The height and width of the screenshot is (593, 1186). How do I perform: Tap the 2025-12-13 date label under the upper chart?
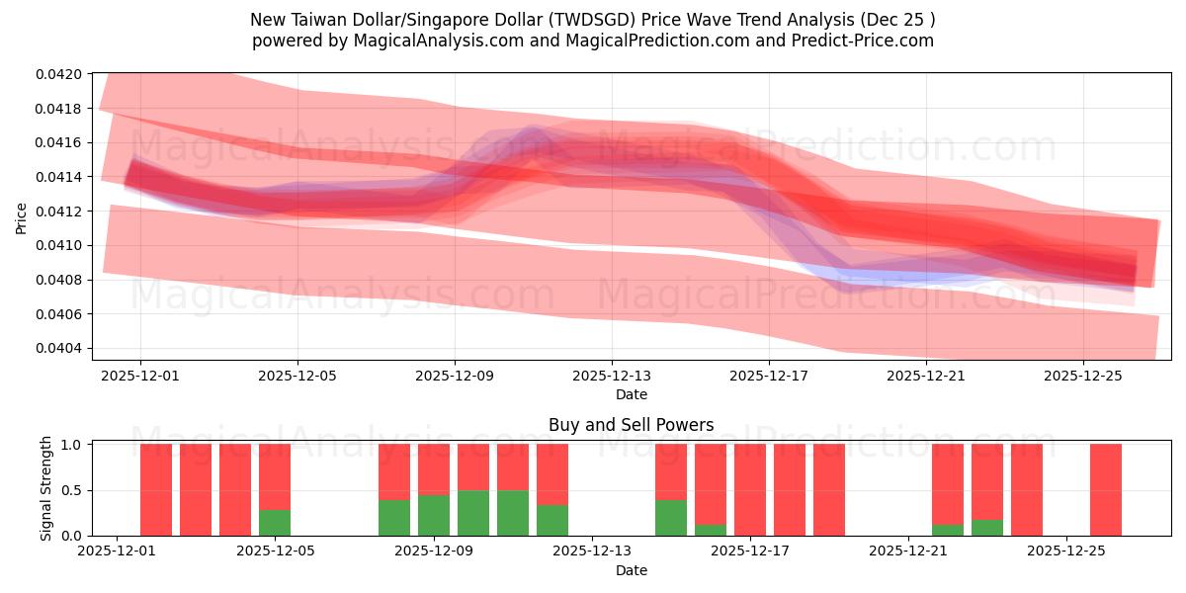612,376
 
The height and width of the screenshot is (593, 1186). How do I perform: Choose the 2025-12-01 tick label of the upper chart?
140,376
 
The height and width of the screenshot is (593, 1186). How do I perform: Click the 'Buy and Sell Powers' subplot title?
631,425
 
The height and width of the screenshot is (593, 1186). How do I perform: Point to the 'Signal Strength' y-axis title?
45,488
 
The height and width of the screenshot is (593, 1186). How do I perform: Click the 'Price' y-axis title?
22,218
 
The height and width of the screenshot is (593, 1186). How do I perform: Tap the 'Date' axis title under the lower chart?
631,570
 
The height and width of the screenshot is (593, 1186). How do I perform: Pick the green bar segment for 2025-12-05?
275,523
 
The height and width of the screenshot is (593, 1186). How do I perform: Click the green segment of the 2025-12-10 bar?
513,513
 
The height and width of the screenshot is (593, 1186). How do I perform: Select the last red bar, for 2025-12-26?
1106,489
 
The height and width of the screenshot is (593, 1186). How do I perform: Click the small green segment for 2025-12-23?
987,528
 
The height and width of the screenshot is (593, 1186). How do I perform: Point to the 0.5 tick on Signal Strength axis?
78,490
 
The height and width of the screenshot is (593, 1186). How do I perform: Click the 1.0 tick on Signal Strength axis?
78,445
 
